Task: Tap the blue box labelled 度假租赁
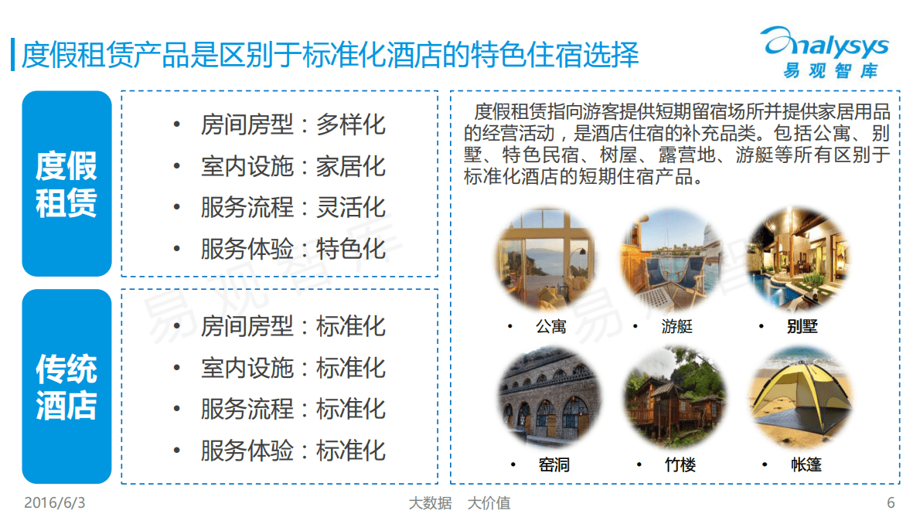tap(66, 184)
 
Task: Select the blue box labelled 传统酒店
tap(66, 386)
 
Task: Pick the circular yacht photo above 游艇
tap(670, 259)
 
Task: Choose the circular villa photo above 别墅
tap(799, 259)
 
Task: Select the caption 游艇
tap(676, 327)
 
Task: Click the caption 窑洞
tap(554, 465)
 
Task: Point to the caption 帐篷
tap(806, 465)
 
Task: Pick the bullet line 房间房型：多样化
tap(292, 125)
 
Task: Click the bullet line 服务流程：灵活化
tap(292, 208)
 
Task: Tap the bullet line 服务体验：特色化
tap(292, 250)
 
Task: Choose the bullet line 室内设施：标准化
tap(292, 368)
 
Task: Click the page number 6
tap(891, 503)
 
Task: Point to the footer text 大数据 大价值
tap(459, 504)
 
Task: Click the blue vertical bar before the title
tap(12, 55)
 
